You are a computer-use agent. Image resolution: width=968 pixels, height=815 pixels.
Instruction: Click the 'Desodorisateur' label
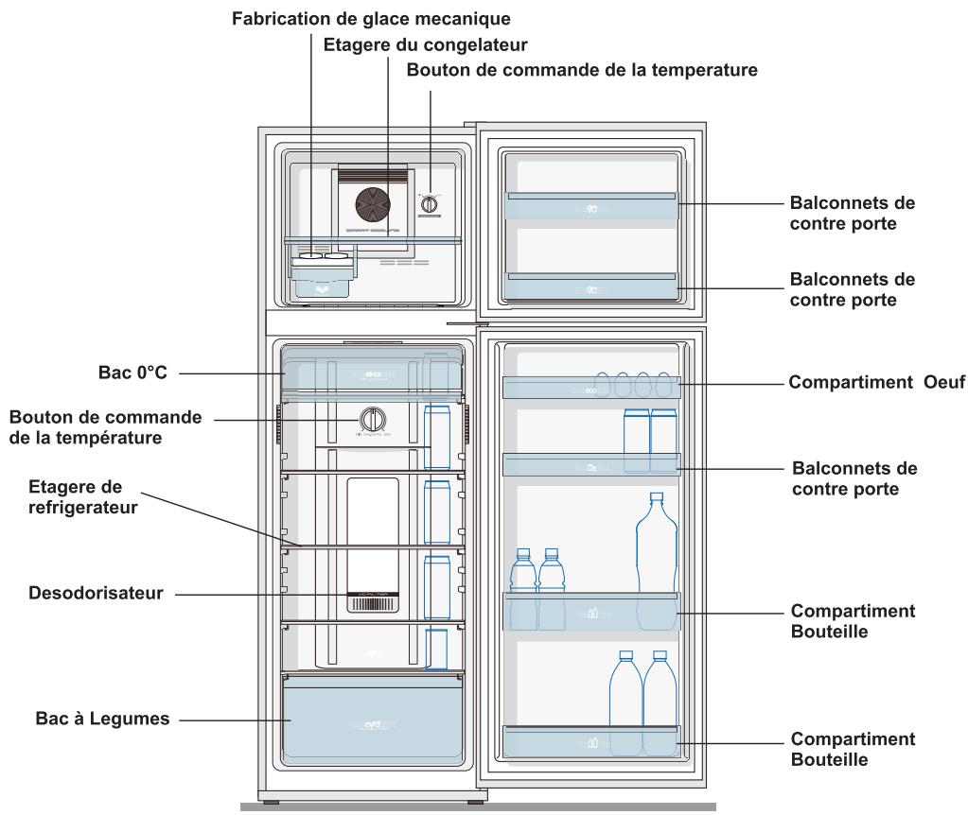(82, 594)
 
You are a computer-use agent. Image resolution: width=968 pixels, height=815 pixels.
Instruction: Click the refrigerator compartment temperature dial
(372, 418)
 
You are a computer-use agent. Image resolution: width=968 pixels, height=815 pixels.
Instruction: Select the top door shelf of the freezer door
(591, 206)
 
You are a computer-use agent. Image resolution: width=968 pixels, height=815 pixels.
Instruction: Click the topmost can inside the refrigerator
(436, 437)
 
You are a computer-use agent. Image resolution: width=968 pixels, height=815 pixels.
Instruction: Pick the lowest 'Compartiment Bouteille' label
(852, 747)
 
